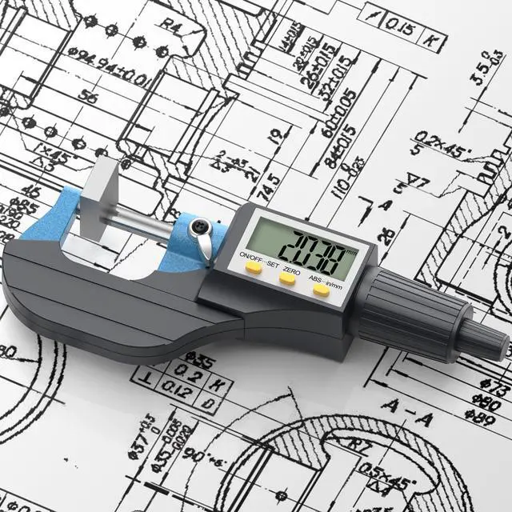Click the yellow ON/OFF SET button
click(x=254, y=270)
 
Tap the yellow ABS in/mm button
click(x=321, y=290)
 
